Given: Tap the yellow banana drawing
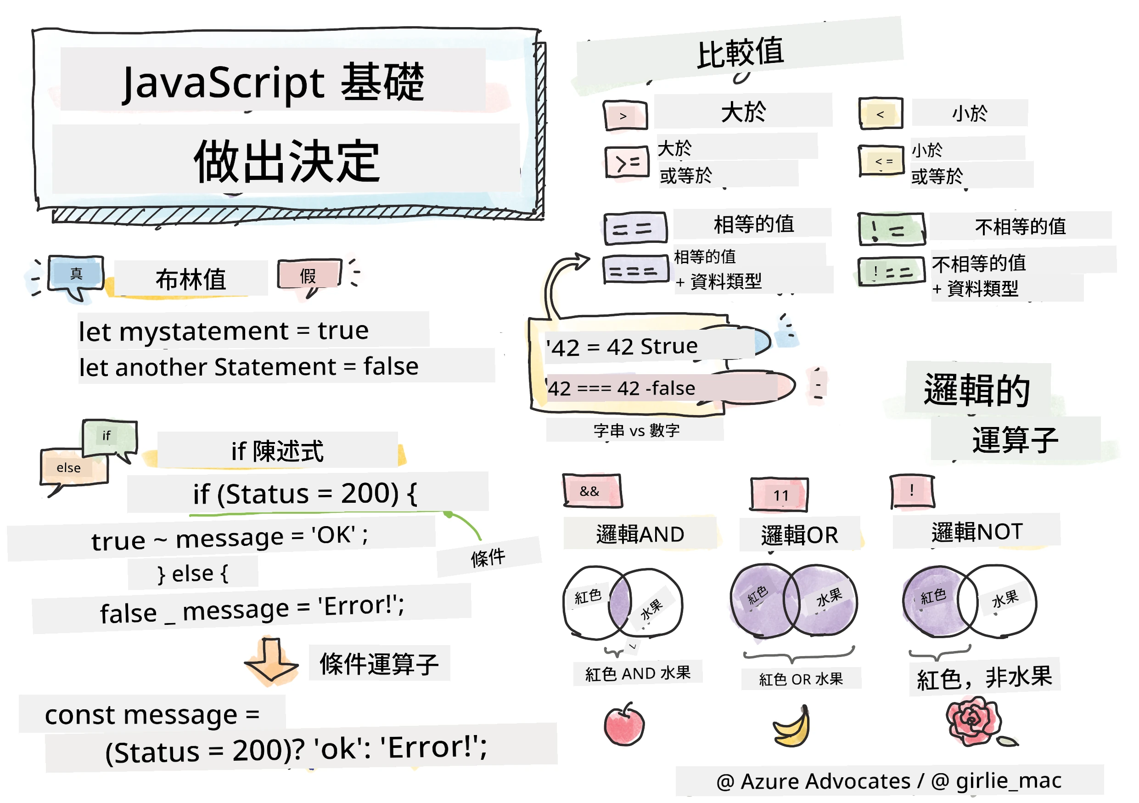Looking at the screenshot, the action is pos(792,727).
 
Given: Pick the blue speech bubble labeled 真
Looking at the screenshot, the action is pos(75,276).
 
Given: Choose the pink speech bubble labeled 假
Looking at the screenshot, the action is pos(309,276).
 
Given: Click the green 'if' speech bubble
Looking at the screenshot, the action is pos(110,439).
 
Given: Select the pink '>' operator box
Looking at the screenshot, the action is pos(625,116).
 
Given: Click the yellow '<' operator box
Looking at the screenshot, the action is pos(881,114).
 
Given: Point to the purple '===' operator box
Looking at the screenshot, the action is pos(636,270).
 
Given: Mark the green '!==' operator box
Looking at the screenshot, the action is pos(892,271).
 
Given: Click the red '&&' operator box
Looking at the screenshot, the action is pos(592,491).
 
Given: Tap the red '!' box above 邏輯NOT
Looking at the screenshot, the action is pos(912,491).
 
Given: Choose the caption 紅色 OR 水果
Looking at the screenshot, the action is pos(801,679).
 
